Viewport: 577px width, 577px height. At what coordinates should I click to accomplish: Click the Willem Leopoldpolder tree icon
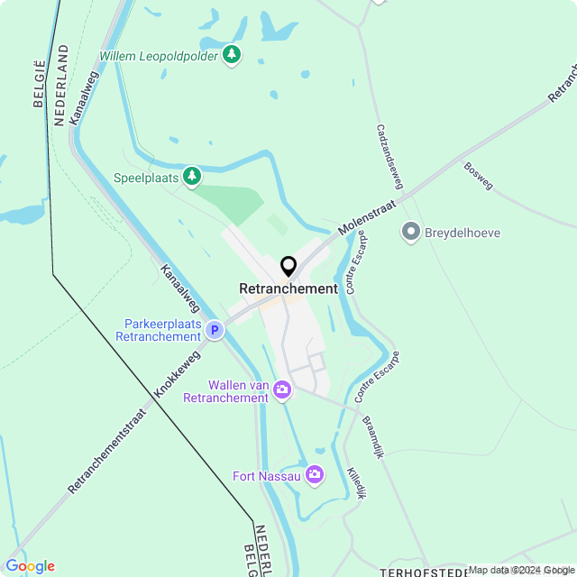(x=233, y=55)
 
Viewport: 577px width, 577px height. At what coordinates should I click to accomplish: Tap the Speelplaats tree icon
(x=192, y=177)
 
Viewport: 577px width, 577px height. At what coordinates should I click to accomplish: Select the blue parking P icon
(x=215, y=331)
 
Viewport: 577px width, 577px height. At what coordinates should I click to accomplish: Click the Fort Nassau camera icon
(x=315, y=474)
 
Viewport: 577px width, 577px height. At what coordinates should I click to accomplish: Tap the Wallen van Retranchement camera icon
(x=282, y=389)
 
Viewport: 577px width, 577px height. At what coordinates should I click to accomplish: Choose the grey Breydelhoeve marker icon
(x=411, y=233)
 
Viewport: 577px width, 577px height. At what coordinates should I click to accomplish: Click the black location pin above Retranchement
(x=288, y=266)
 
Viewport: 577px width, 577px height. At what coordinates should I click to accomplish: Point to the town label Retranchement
(x=288, y=288)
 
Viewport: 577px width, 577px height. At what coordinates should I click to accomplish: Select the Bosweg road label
(x=478, y=175)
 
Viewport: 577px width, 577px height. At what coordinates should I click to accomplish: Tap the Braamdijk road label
(x=373, y=436)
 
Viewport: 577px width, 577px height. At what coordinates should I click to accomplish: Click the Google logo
(x=30, y=566)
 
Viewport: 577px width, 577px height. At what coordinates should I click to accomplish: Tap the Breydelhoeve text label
(x=463, y=234)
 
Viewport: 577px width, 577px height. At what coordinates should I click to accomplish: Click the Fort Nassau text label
(x=266, y=476)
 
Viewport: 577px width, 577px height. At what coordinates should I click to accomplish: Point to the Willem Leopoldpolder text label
(x=159, y=56)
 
